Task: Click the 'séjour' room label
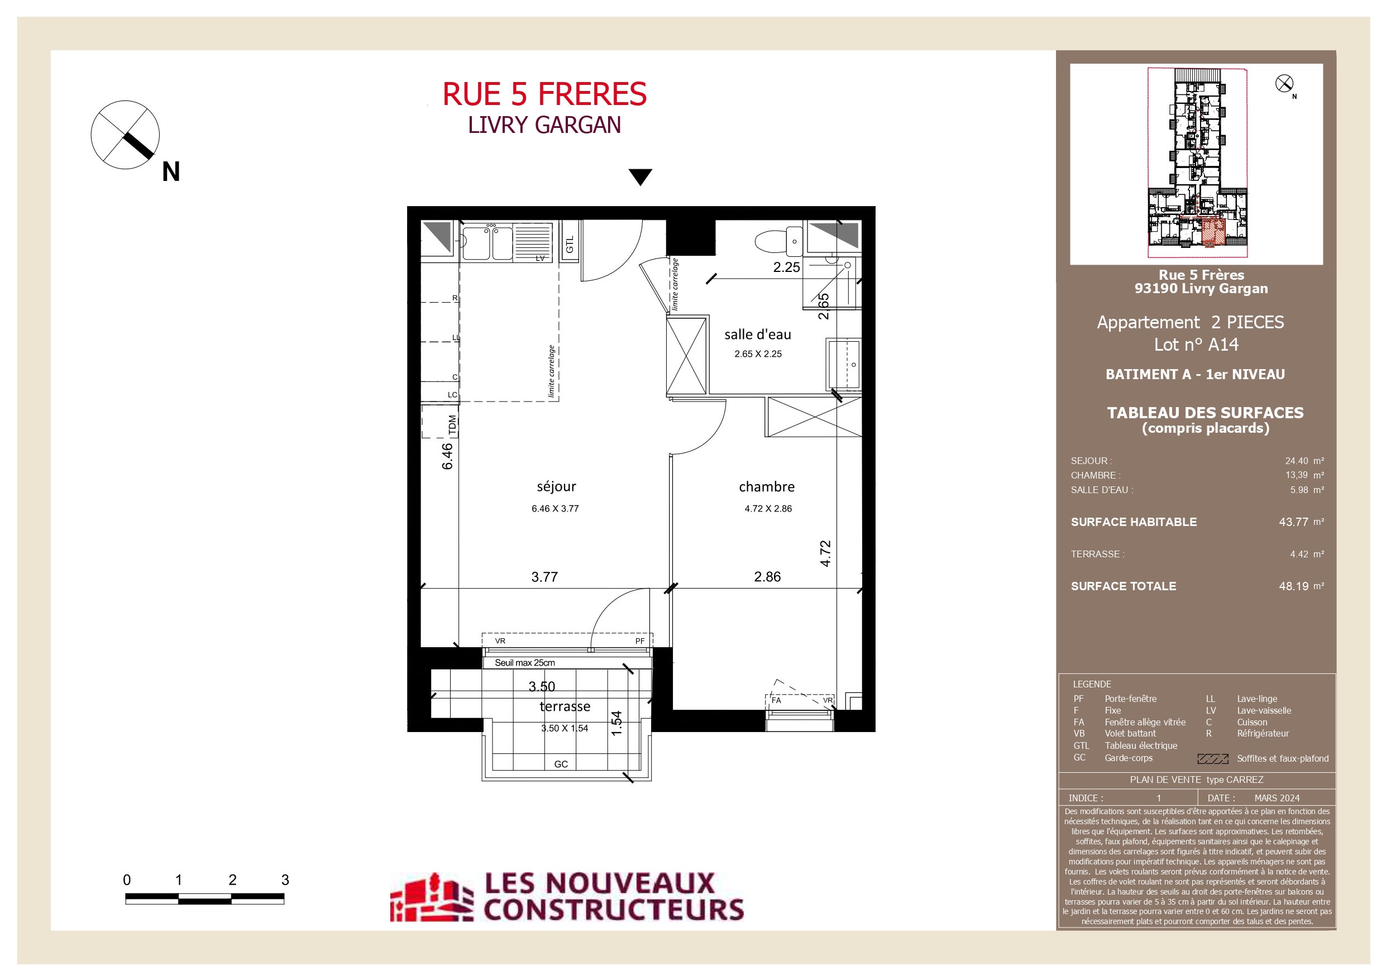[x=556, y=487]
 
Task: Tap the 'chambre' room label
[x=767, y=487]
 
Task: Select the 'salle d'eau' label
[x=758, y=334]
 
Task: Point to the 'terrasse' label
[x=565, y=706]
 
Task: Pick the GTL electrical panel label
[x=570, y=245]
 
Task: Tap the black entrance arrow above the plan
[x=641, y=177]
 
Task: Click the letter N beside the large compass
[x=171, y=172]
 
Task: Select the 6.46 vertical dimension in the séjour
[x=447, y=456]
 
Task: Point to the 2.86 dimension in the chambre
[x=767, y=577]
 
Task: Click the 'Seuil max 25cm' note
[x=524, y=662]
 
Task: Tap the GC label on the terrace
[x=561, y=764]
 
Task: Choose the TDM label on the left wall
[x=453, y=425]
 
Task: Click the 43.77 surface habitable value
[x=1294, y=522]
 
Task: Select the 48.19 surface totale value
[x=1294, y=586]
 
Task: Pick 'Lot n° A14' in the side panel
[x=1196, y=344]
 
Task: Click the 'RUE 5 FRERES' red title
[x=544, y=94]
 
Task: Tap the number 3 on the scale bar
[x=285, y=879]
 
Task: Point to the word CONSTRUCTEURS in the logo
[x=613, y=909]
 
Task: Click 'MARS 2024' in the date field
[x=1277, y=797]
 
